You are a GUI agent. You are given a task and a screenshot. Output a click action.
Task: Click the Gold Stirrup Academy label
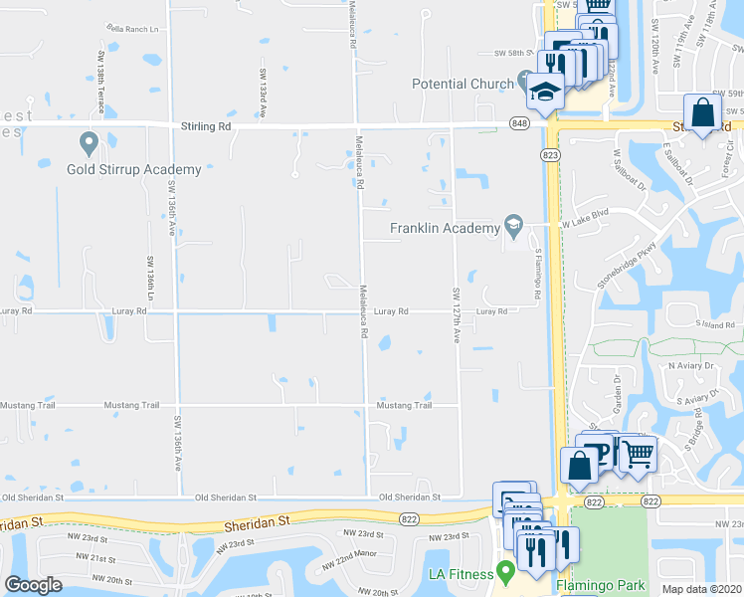tap(134, 169)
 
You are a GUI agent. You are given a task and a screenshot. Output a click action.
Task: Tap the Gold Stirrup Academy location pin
tap(89, 144)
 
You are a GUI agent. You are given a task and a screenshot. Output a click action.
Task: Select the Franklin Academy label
tap(445, 228)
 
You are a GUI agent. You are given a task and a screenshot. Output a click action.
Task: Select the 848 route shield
tap(521, 122)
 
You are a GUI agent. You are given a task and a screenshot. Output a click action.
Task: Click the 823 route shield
tap(549, 155)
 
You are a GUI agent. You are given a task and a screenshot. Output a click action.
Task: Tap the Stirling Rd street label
tap(206, 127)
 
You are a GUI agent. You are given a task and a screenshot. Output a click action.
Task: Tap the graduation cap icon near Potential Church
tap(546, 92)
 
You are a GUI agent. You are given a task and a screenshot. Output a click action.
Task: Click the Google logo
tap(33, 585)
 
